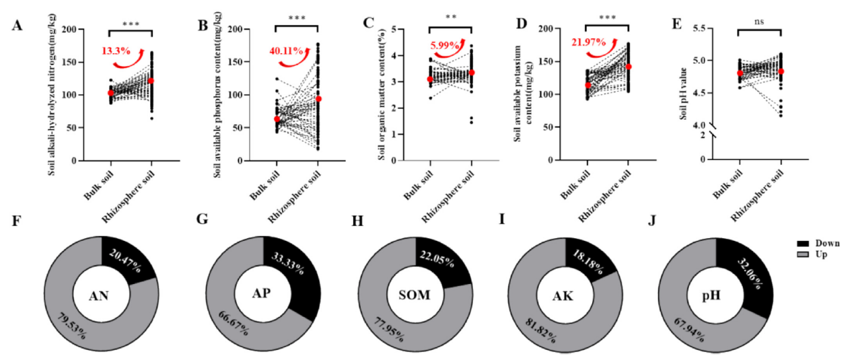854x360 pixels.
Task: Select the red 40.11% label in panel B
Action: point(285,50)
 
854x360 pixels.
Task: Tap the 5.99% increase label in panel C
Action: point(444,46)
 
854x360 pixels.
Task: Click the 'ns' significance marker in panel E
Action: point(760,22)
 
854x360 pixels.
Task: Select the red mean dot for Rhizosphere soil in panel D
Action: point(628,67)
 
